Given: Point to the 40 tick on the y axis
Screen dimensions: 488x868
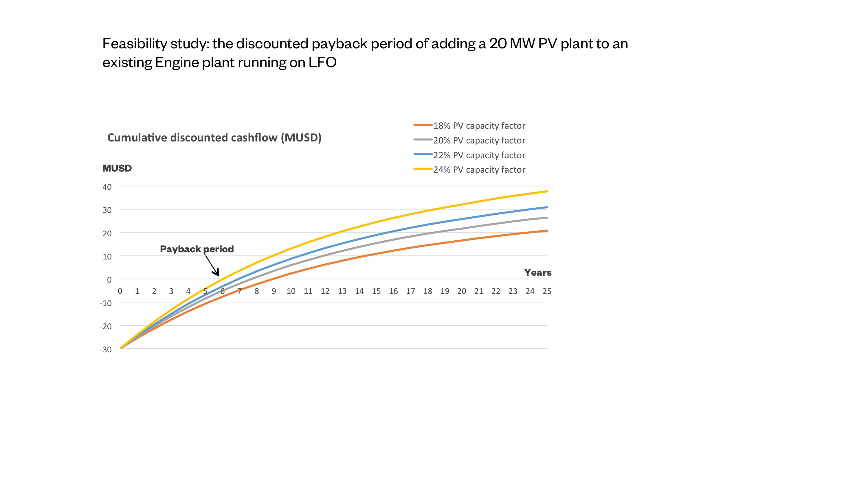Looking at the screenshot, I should [107, 187].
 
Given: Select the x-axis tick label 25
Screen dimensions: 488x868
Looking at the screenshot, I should [546, 291].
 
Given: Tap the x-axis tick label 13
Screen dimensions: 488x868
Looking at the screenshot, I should [342, 291].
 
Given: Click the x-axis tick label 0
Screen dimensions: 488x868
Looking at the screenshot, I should [120, 291].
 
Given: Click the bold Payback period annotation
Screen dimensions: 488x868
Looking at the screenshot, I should [197, 249].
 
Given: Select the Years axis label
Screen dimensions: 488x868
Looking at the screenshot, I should [537, 272].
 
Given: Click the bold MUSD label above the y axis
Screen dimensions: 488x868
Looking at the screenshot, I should [117, 168].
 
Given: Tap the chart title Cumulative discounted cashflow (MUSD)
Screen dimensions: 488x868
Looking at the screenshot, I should [214, 138].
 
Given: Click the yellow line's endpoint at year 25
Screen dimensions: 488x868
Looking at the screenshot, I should [546, 191].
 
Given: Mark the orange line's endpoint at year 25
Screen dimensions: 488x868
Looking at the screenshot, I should [546, 231].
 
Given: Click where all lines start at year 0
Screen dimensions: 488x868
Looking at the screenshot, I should [121, 348].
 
